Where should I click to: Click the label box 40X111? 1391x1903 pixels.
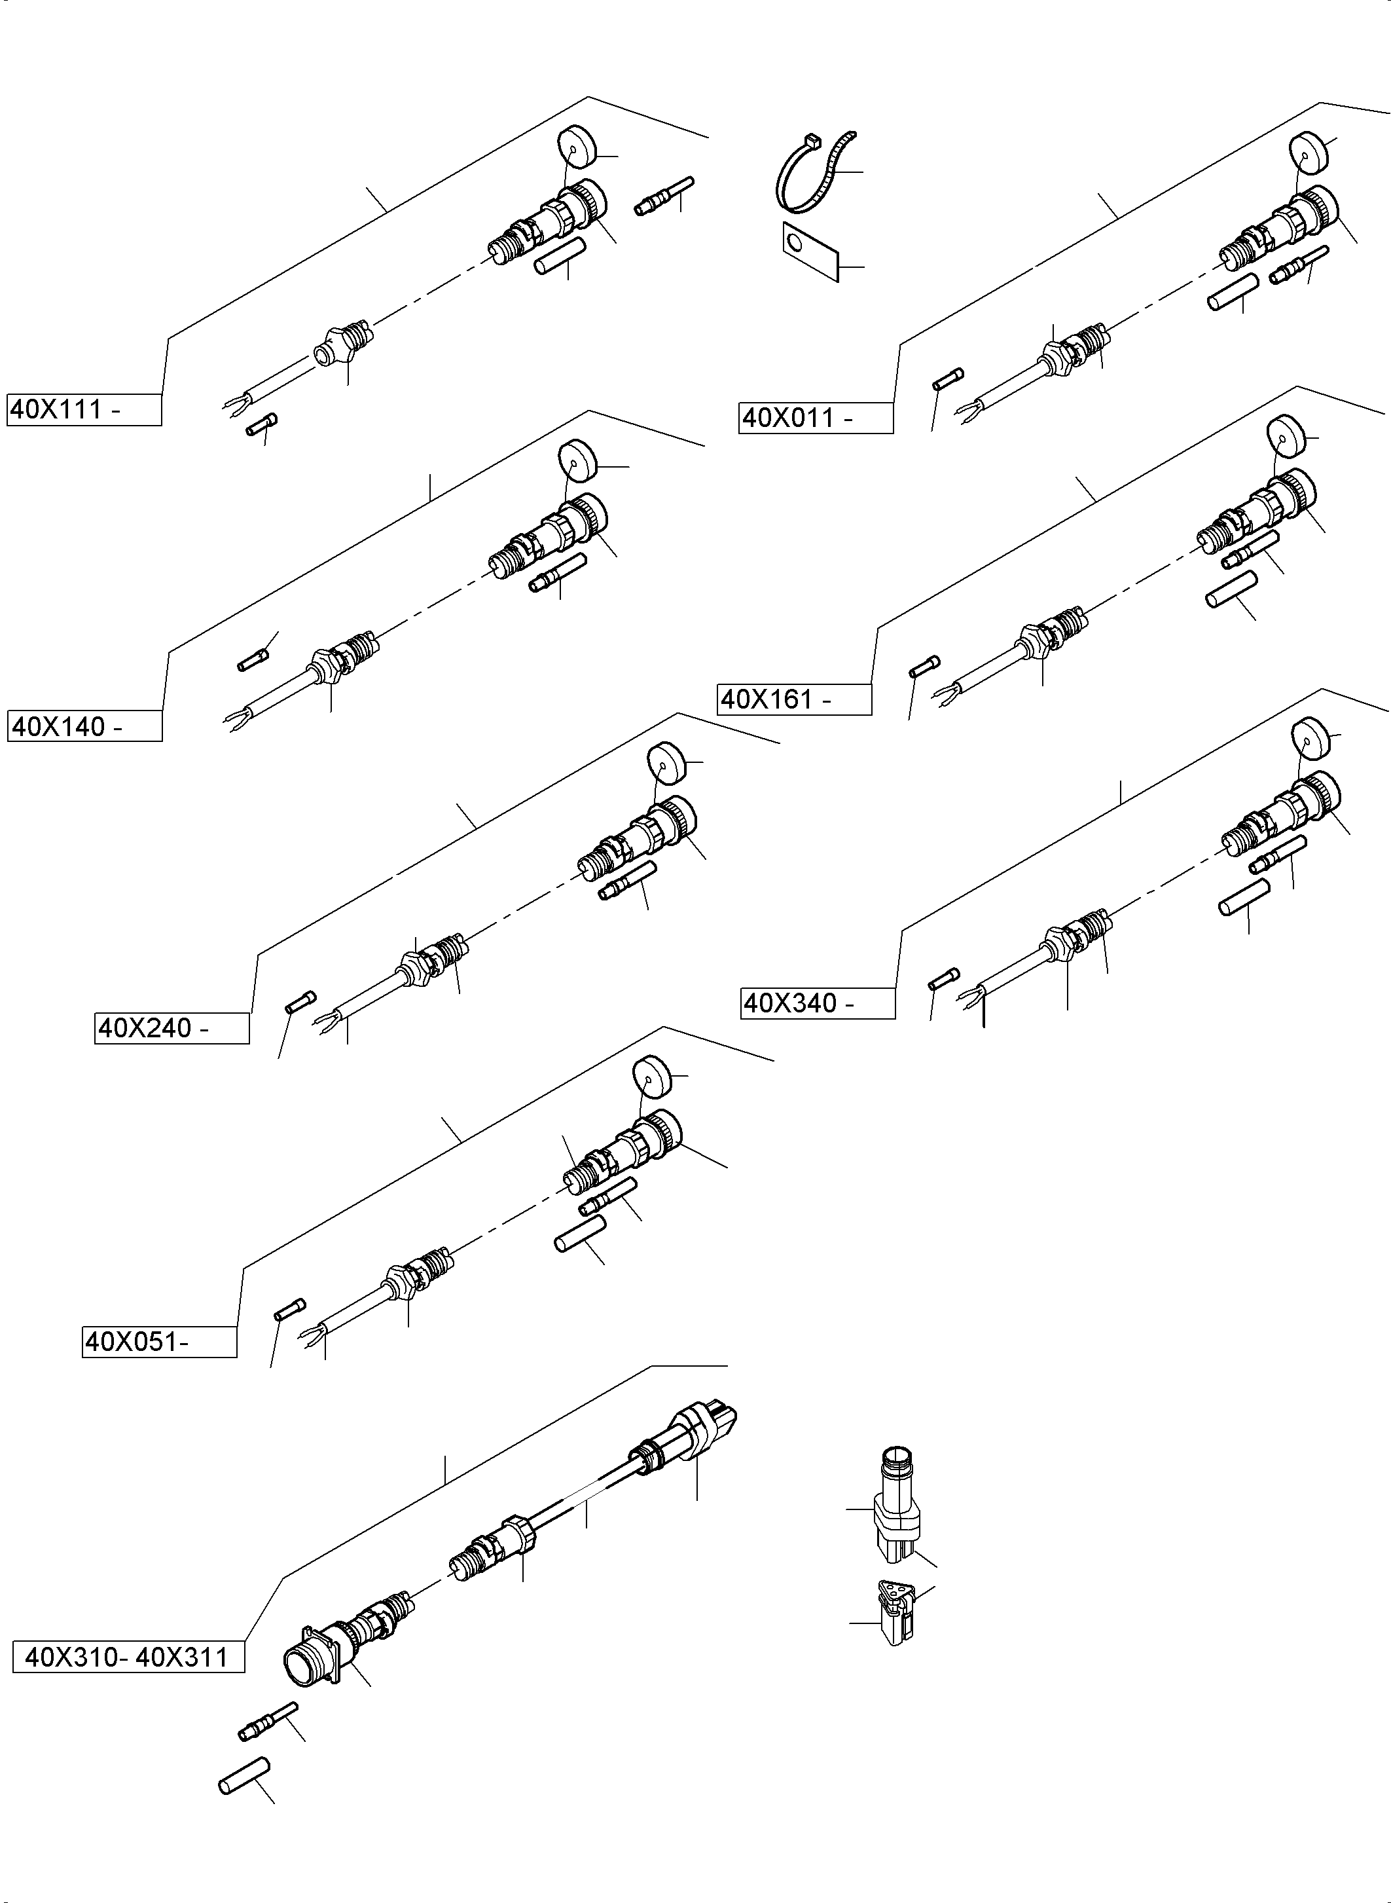tap(83, 409)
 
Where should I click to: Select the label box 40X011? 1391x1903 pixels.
tap(815, 418)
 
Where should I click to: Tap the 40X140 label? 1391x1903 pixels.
tap(84, 726)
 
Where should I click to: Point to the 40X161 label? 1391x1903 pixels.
tap(793, 699)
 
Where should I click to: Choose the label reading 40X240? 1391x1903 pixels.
tap(172, 1029)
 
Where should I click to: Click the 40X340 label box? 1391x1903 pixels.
tap(817, 1003)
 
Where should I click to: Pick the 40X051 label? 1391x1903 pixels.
tap(159, 1341)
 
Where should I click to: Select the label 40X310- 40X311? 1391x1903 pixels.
tap(128, 1657)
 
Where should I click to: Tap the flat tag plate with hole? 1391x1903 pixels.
tap(810, 250)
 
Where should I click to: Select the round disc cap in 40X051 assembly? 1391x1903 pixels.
tap(651, 1074)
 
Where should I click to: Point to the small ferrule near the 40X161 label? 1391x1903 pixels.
tap(924, 667)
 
